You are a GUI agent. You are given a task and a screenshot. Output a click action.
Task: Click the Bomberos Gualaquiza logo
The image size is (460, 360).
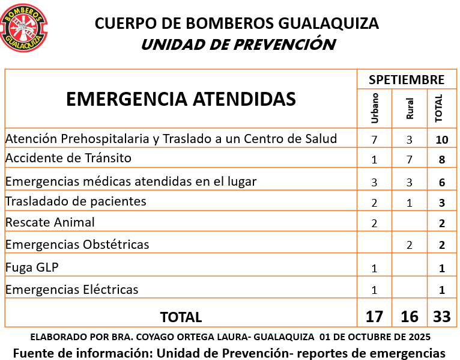click(25, 28)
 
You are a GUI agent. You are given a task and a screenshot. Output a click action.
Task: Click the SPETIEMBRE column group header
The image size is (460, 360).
click(407, 79)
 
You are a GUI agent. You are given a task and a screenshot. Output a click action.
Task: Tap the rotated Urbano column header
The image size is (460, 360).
click(375, 108)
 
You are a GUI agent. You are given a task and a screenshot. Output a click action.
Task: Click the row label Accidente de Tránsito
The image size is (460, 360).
click(68, 159)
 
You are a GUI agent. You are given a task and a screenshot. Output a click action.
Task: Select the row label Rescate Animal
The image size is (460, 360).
click(50, 222)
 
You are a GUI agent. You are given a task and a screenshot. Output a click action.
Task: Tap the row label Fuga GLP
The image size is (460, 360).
click(32, 267)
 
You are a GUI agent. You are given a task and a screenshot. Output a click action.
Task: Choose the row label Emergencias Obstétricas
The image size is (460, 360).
click(77, 245)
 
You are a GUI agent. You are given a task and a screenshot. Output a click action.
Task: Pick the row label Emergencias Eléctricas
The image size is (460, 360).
click(71, 290)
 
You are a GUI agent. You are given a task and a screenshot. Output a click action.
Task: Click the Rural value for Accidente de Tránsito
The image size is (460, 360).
click(410, 160)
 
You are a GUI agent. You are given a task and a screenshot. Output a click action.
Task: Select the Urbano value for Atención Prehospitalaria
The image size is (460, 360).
click(374, 140)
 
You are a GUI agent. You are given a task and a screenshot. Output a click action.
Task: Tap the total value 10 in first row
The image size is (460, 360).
click(442, 140)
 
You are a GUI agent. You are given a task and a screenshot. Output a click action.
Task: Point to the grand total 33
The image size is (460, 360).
click(442, 316)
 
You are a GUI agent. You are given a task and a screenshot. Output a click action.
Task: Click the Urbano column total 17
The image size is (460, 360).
click(374, 316)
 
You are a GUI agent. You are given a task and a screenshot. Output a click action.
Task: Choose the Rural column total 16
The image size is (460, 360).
click(410, 316)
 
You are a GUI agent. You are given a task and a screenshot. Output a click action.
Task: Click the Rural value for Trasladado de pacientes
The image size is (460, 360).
click(410, 203)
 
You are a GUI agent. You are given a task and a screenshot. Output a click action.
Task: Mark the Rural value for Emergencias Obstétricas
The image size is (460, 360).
click(410, 245)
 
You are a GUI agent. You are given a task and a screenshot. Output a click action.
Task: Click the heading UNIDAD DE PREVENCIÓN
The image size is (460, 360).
click(238, 44)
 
